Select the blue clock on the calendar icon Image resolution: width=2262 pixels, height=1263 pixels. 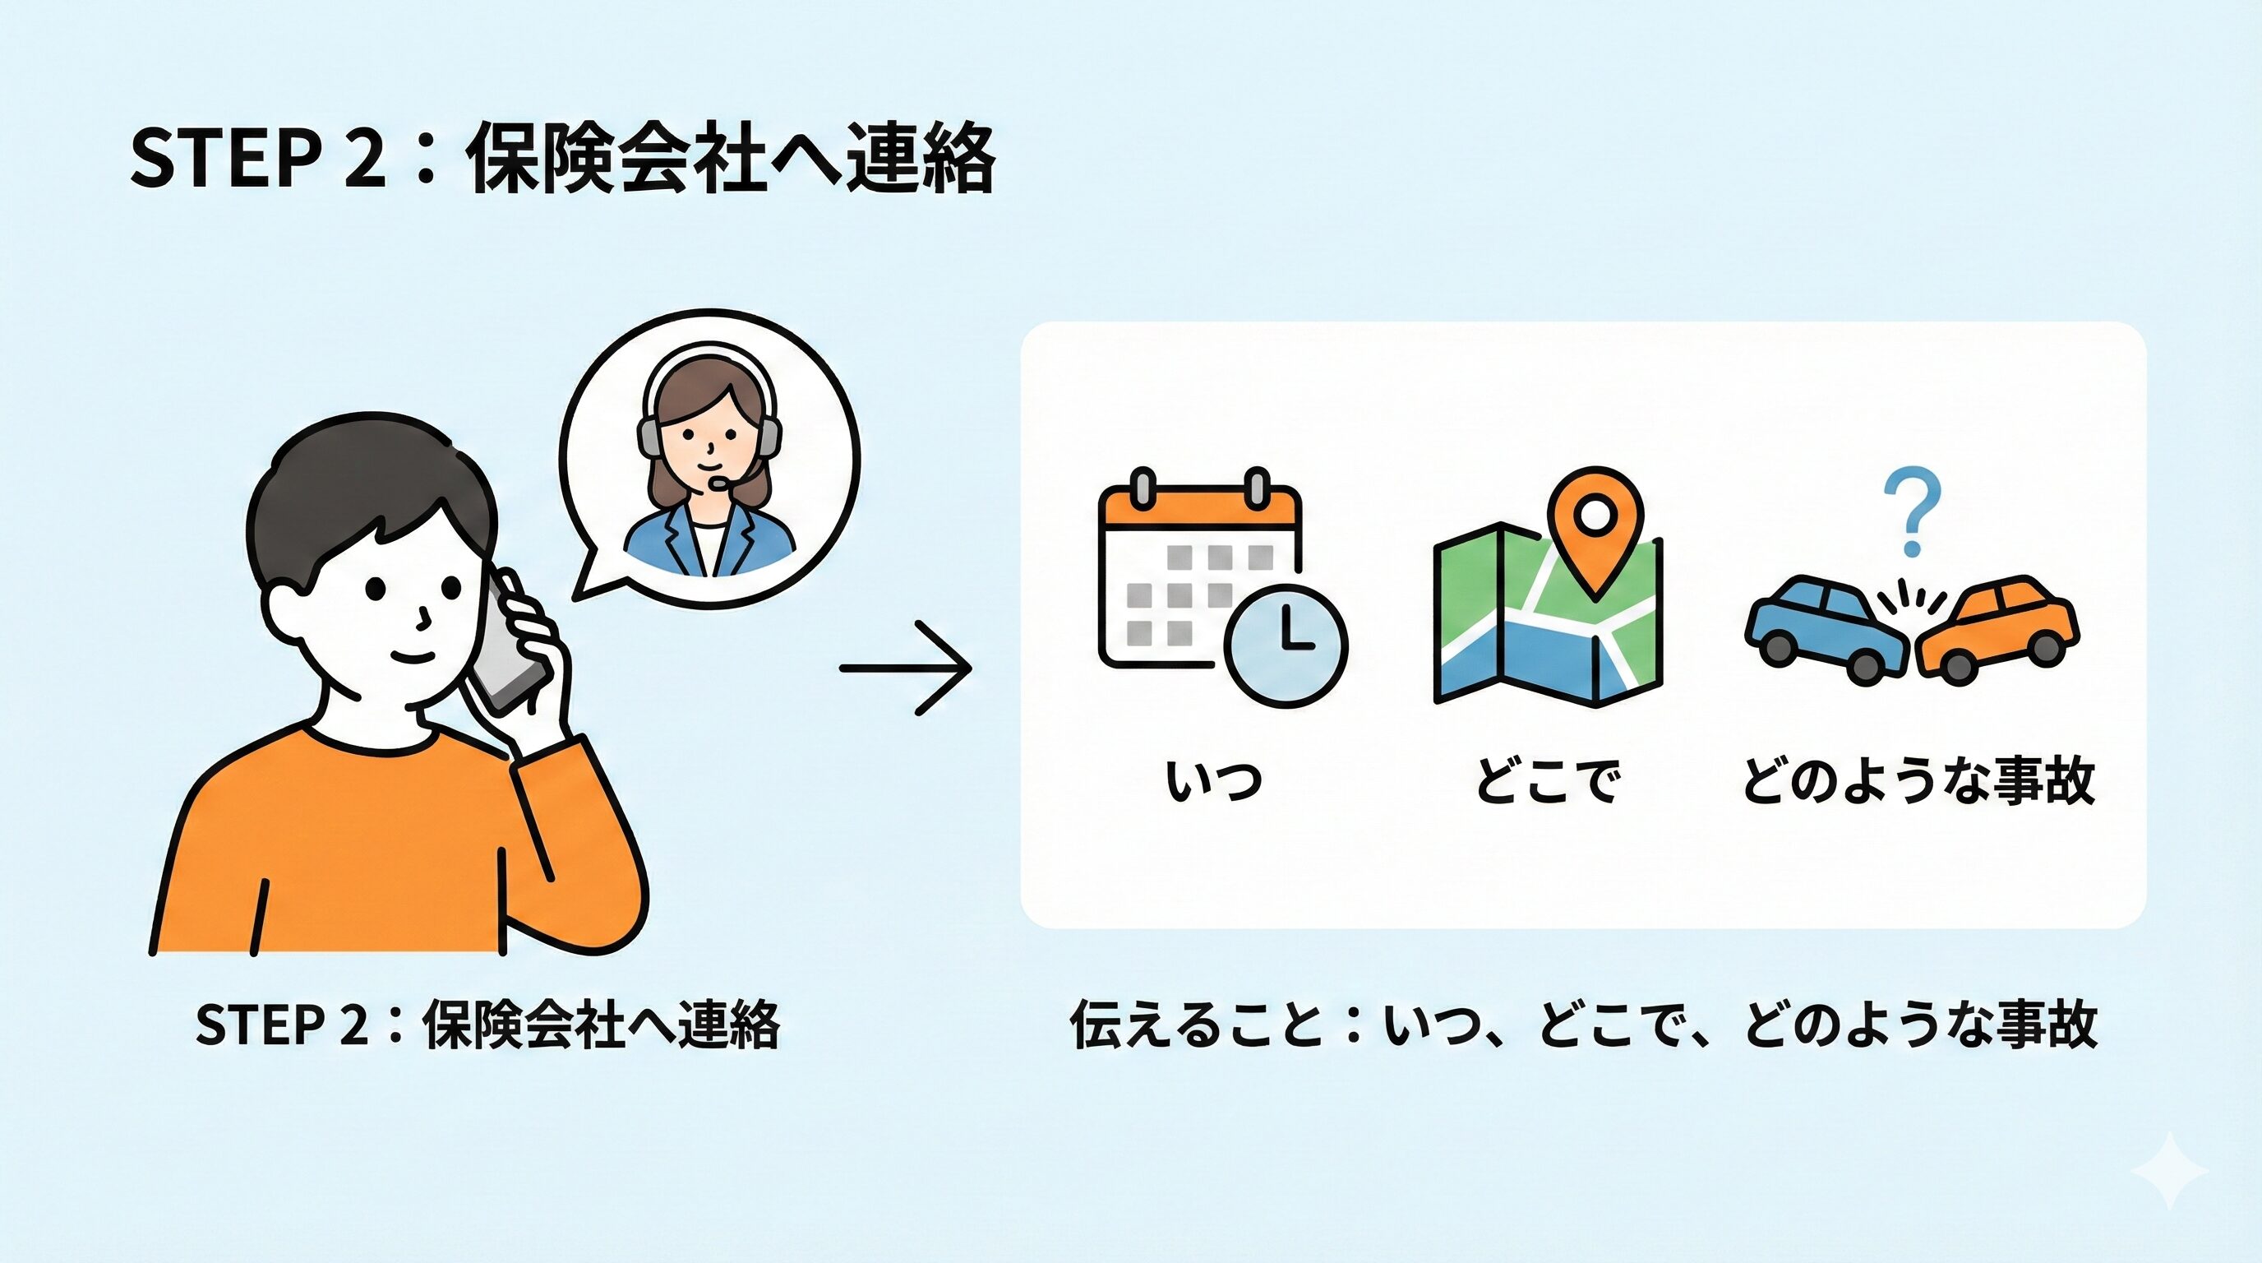(1286, 642)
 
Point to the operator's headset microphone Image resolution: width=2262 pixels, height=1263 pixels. (718, 482)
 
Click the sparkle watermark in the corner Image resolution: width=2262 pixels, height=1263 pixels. (2169, 1171)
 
